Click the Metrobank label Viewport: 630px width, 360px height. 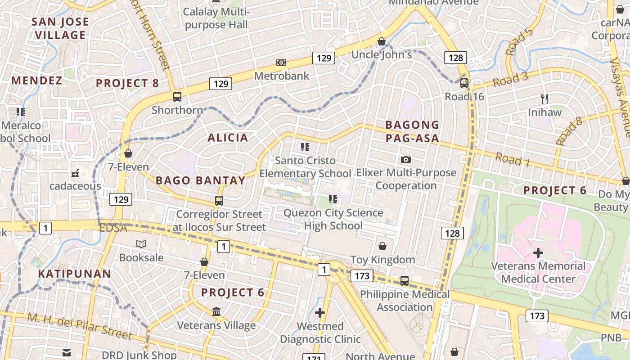(x=282, y=76)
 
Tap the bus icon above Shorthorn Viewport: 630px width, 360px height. (x=177, y=96)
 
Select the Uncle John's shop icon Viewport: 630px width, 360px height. (x=382, y=41)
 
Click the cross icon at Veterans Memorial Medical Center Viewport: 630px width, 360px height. (x=538, y=253)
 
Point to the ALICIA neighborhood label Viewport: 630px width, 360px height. (x=228, y=138)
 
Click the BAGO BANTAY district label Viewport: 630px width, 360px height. (x=200, y=181)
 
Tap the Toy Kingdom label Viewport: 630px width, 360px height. (x=382, y=260)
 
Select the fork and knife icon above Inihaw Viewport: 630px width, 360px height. (x=544, y=99)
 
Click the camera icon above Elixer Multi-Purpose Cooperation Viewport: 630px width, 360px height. (x=405, y=159)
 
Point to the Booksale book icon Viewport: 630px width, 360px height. (x=141, y=244)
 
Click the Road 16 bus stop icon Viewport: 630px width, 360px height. (x=464, y=83)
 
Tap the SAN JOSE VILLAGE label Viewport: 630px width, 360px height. (x=60, y=28)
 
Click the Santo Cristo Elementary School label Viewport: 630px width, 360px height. (x=305, y=167)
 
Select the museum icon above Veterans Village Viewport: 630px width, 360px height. (x=216, y=311)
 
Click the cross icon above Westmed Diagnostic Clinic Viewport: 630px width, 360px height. (x=320, y=312)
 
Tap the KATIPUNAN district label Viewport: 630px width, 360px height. (x=74, y=274)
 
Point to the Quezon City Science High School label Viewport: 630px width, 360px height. (x=333, y=219)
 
